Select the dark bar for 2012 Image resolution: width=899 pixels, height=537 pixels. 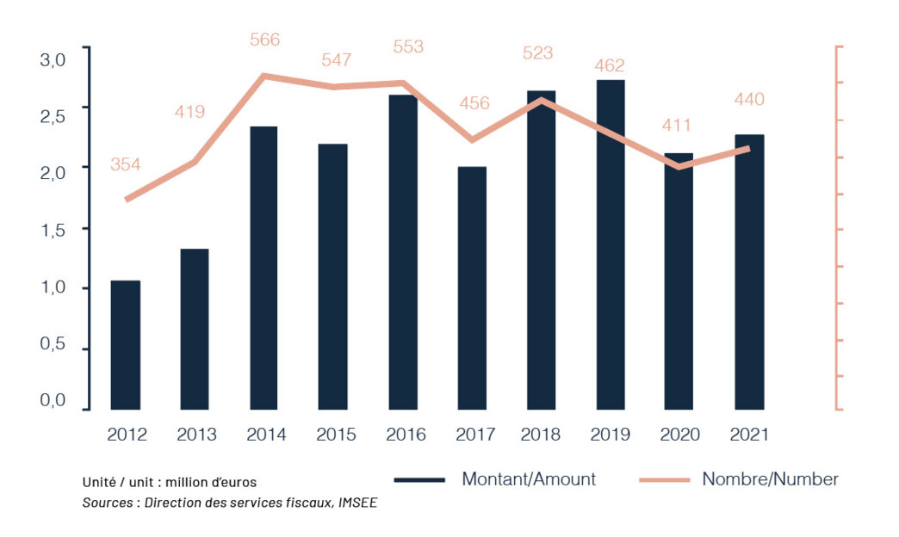[x=126, y=344]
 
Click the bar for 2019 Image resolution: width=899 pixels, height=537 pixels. [x=611, y=244]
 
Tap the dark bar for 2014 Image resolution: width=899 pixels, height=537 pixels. [x=263, y=268]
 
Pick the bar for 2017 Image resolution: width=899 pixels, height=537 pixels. [x=472, y=287]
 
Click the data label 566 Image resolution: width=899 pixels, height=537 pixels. [x=264, y=40]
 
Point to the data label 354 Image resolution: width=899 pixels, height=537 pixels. [x=126, y=164]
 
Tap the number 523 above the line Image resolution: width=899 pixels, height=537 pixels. [x=538, y=52]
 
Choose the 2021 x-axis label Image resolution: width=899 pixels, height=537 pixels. [x=749, y=435]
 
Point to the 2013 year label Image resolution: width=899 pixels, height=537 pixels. [x=196, y=435]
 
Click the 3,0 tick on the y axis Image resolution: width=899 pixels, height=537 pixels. [x=53, y=59]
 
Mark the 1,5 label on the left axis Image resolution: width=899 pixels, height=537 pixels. [x=53, y=229]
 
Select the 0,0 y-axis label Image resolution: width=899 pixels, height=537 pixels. [x=53, y=400]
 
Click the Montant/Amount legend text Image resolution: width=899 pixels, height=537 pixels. [x=528, y=479]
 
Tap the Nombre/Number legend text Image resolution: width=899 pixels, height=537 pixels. [x=770, y=479]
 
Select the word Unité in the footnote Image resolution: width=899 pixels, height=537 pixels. [x=100, y=482]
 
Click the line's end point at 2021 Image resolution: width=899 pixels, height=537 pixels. [x=748, y=148]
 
